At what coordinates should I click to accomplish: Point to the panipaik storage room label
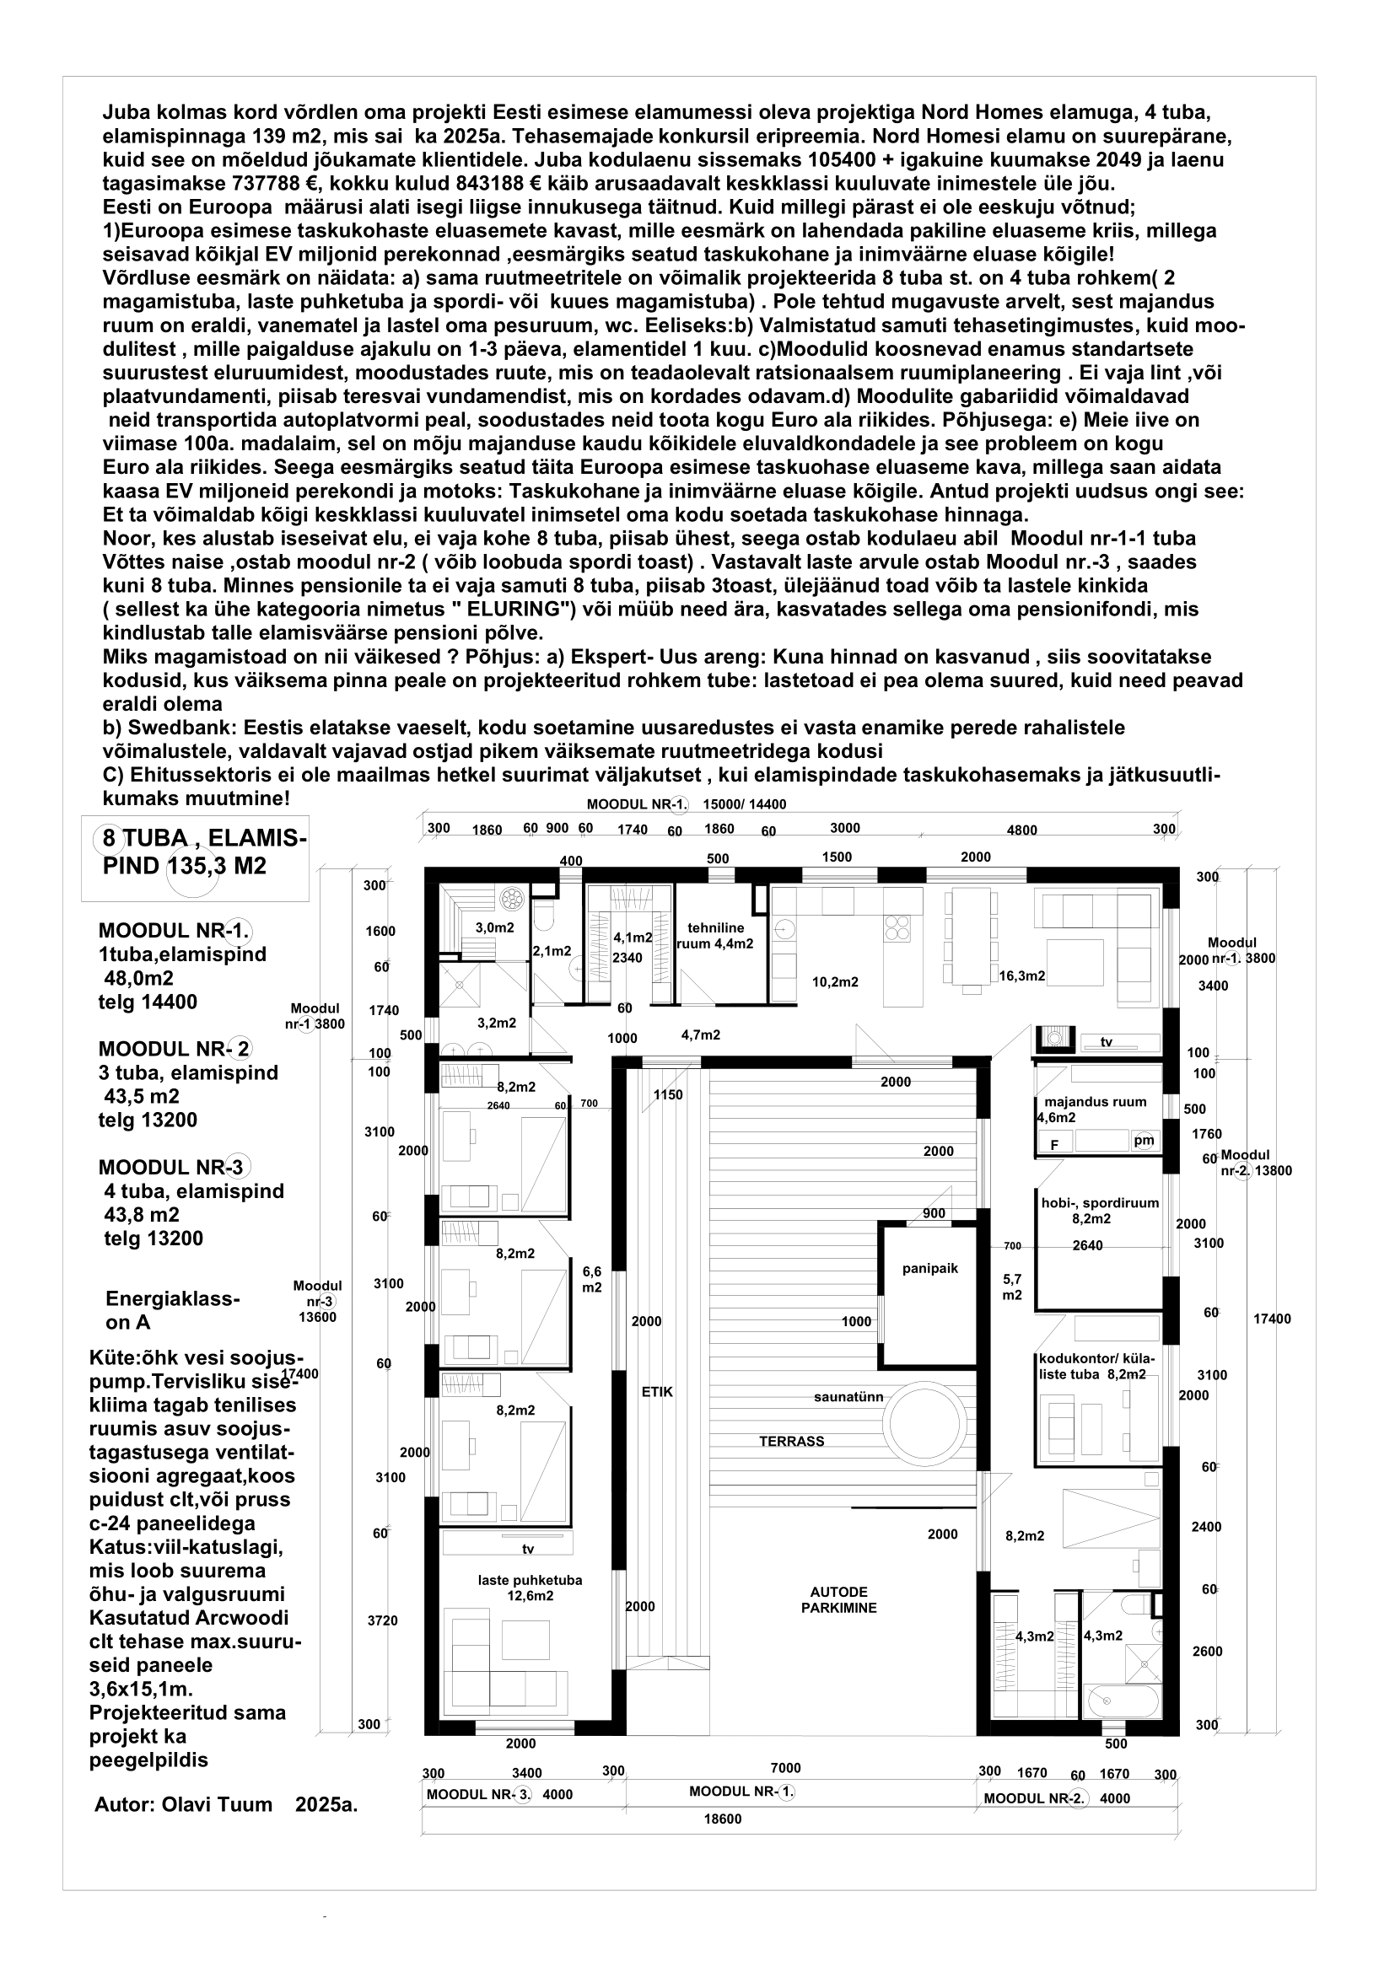pos(929,1269)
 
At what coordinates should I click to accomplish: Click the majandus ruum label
pos(1095,1103)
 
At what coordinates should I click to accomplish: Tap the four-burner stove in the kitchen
pos(897,929)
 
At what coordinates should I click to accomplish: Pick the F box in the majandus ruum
pos(1054,1145)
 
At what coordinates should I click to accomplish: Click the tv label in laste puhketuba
pos(528,1550)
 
